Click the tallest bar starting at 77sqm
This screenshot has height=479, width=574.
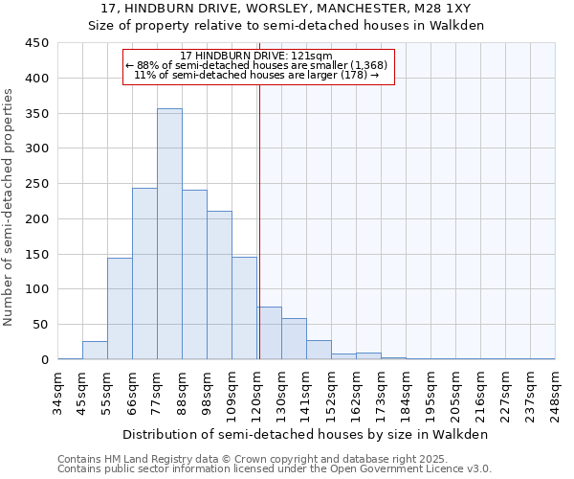coord(169,235)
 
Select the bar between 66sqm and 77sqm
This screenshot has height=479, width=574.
coord(144,274)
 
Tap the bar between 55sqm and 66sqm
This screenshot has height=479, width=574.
coord(120,308)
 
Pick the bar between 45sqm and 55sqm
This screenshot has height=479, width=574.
coord(95,351)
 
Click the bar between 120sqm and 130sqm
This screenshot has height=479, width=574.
coord(269,333)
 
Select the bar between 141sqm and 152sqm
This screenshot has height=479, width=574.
coord(319,350)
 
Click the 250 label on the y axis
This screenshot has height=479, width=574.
coord(37,184)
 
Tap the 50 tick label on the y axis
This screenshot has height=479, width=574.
coord(40,325)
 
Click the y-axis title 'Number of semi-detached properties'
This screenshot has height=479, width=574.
coord(9,207)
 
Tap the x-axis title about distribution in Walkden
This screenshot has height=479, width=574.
coord(306,434)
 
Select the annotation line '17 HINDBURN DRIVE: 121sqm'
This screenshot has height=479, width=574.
coord(256,57)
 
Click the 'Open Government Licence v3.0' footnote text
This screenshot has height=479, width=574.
coord(417,469)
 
